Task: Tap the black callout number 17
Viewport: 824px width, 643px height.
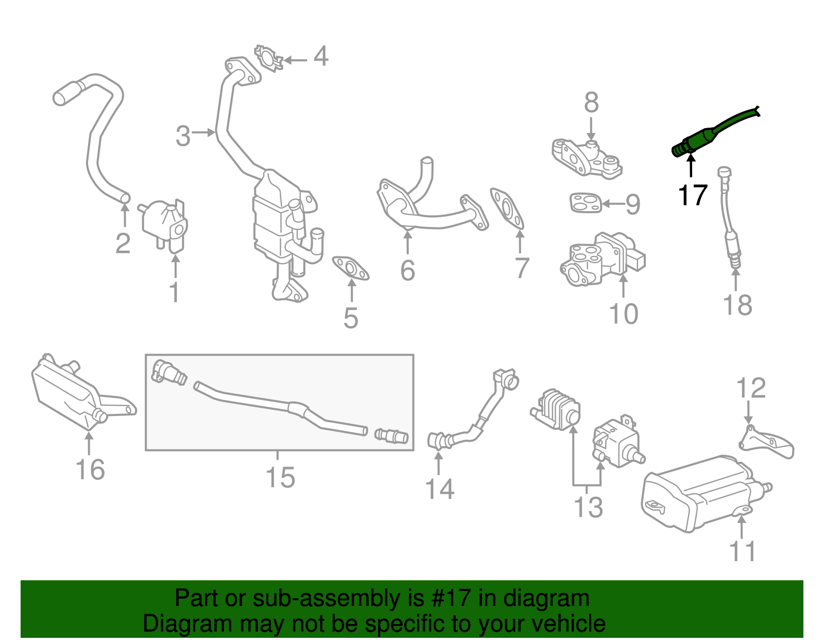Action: (693, 196)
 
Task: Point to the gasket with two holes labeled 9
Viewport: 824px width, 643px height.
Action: (585, 202)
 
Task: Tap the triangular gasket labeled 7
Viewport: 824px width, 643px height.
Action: (507, 208)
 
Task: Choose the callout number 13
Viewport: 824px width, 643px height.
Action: (588, 507)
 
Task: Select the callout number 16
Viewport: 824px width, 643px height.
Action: (90, 470)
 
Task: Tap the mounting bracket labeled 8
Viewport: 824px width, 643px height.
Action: (587, 157)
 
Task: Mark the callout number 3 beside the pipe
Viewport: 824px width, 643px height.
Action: (183, 136)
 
